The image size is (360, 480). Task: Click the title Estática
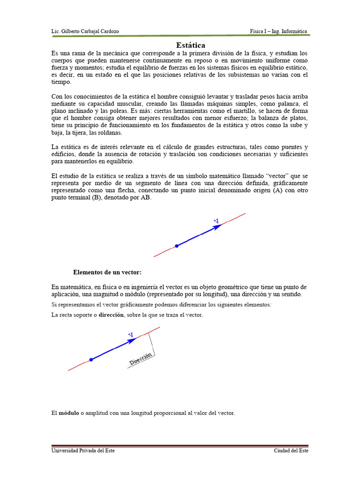pyautogui.click(x=191, y=45)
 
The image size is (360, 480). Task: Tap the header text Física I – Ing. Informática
pyautogui.click(x=278, y=31)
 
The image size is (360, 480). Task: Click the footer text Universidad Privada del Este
pyautogui.click(x=83, y=450)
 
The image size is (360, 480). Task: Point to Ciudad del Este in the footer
pyautogui.click(x=291, y=450)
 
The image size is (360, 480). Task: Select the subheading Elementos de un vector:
pyautogui.click(x=107, y=272)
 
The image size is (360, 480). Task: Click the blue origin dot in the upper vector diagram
pyautogui.click(x=177, y=246)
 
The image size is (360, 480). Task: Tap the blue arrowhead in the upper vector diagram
pyautogui.click(x=218, y=227)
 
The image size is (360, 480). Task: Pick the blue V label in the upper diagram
pyautogui.click(x=216, y=220)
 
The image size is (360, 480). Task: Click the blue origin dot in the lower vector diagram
pyautogui.click(x=91, y=360)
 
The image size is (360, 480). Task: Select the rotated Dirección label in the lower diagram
pyautogui.click(x=141, y=360)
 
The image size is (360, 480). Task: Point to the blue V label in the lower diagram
pyautogui.click(x=131, y=334)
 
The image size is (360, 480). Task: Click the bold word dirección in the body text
pyautogui.click(x=111, y=315)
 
